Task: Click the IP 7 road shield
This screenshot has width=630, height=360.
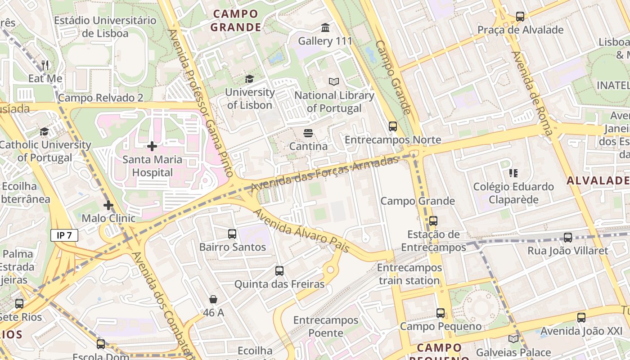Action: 64,235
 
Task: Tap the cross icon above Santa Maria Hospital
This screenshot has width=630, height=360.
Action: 152,146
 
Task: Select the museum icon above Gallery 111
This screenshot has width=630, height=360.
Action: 325,28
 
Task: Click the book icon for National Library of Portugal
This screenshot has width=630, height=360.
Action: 334,82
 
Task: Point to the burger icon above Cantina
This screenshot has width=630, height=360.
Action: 308,133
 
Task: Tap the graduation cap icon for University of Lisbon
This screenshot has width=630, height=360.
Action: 249,79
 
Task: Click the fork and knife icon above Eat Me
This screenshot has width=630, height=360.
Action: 45,65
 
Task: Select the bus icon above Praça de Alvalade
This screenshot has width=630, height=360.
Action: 520,17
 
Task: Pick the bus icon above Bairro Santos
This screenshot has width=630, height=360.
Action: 232,234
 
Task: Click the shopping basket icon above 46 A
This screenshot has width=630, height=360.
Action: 213,299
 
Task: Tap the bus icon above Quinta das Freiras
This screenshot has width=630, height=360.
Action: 279,271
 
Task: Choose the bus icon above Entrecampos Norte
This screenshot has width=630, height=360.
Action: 393,126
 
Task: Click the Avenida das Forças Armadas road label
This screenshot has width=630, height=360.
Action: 325,173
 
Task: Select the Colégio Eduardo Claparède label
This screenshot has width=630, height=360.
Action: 513,193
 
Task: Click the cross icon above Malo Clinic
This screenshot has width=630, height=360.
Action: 108,206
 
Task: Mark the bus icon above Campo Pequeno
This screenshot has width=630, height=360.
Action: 441,313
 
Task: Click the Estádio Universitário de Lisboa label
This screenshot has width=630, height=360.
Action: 105,27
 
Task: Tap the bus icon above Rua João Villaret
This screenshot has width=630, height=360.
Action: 568,238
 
